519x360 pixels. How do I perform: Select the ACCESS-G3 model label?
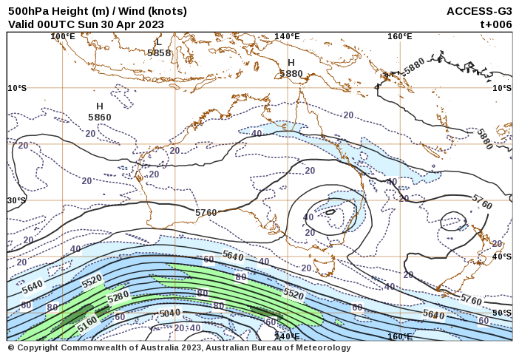(x=479, y=11)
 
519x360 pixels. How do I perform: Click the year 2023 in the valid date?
(x=151, y=24)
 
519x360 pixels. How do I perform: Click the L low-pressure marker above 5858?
(x=158, y=42)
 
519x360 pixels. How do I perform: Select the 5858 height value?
(x=159, y=53)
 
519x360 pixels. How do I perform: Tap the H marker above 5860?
(x=100, y=106)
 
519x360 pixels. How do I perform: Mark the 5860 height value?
(x=100, y=118)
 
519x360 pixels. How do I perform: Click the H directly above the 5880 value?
(x=291, y=63)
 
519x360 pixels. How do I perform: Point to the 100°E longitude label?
(x=63, y=36)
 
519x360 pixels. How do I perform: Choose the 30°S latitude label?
(x=17, y=200)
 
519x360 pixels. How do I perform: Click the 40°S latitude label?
(x=502, y=257)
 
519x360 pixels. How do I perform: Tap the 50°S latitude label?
(x=502, y=313)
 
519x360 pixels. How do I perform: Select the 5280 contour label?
(x=118, y=297)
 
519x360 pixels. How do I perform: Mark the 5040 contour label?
(x=170, y=313)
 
